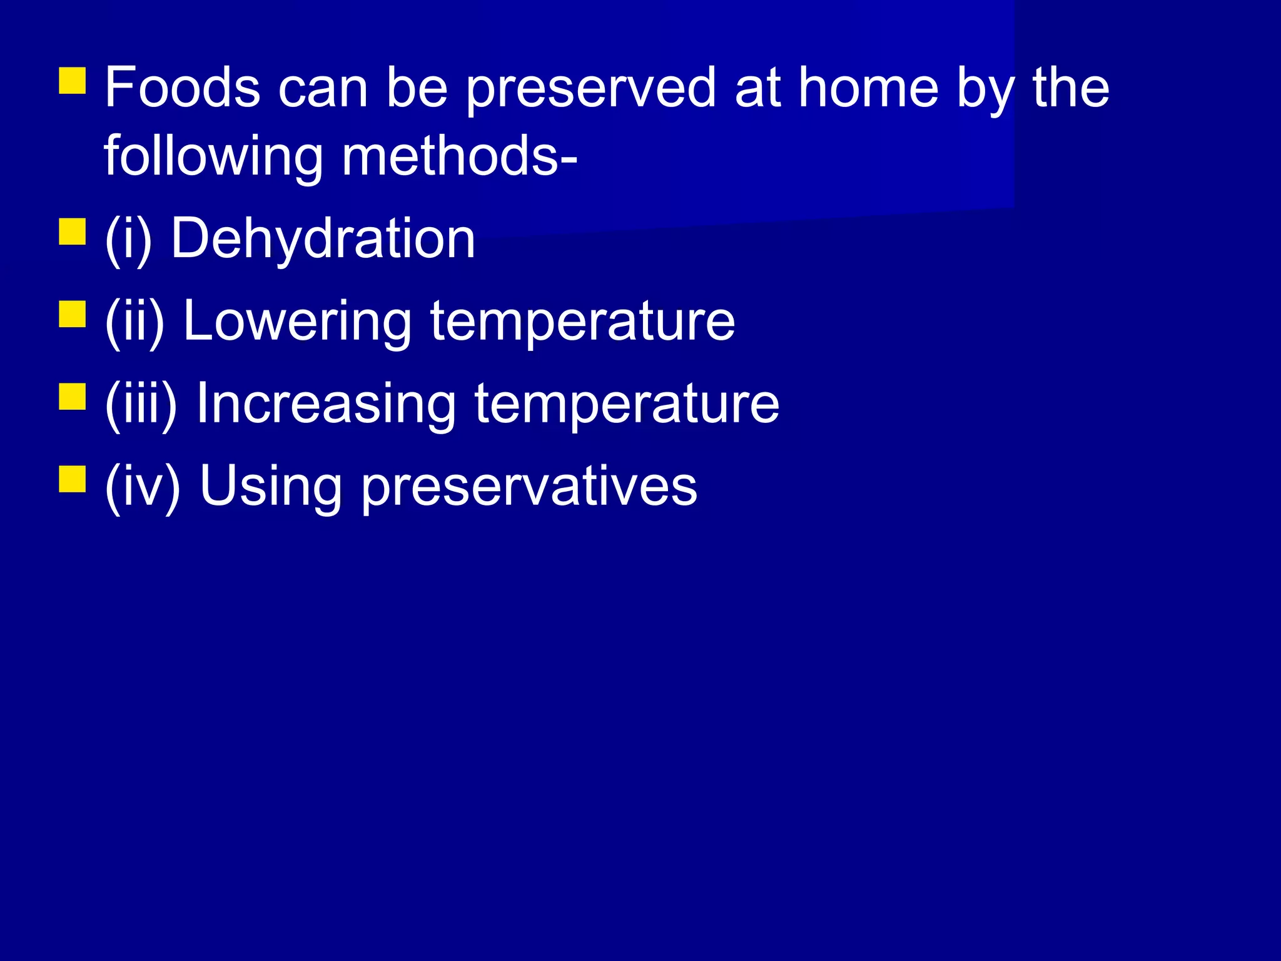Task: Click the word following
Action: coord(213,158)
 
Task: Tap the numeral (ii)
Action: coord(134,322)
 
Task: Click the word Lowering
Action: coord(297,322)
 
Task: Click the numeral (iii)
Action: coord(141,405)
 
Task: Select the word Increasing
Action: coord(326,405)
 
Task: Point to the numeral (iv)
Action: coord(143,487)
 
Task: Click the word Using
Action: coord(271,487)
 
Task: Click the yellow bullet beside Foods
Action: coord(73,81)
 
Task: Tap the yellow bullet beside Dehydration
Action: coord(73,231)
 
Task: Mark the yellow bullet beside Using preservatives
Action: coord(73,479)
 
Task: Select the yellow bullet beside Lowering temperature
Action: coord(73,314)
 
